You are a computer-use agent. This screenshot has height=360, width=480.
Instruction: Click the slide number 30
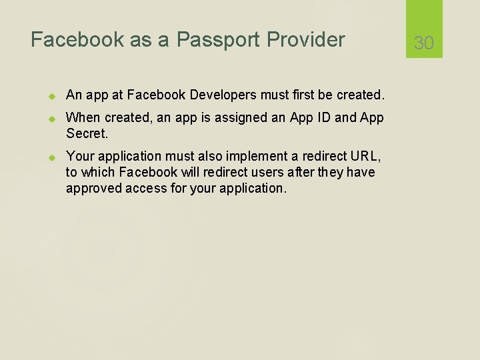click(424, 43)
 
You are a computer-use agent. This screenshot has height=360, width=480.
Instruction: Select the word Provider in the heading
click(306, 40)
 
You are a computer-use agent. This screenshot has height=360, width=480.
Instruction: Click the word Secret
click(86, 133)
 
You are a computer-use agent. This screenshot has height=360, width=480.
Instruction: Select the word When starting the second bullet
click(83, 118)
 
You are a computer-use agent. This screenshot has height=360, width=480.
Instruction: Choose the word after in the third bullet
click(296, 173)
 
